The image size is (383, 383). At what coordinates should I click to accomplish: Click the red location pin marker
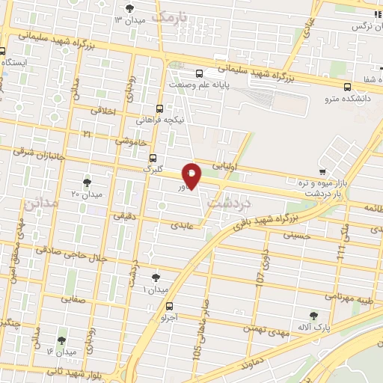(192, 175)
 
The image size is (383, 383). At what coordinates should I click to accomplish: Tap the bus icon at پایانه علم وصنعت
(199, 73)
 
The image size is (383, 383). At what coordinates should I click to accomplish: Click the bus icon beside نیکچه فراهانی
(160, 108)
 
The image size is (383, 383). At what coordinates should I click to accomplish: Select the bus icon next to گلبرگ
(153, 158)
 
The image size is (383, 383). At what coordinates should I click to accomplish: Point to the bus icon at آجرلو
(169, 305)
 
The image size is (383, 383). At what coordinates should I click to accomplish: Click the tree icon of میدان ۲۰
(87, 182)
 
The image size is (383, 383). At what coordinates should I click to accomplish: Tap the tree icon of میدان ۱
(156, 278)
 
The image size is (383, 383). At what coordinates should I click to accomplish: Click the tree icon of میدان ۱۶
(61, 340)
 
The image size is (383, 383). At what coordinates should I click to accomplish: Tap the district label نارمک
(167, 15)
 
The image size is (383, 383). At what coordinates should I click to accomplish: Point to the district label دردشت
(229, 202)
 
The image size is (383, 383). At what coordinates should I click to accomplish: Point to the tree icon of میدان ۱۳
(132, 8)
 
